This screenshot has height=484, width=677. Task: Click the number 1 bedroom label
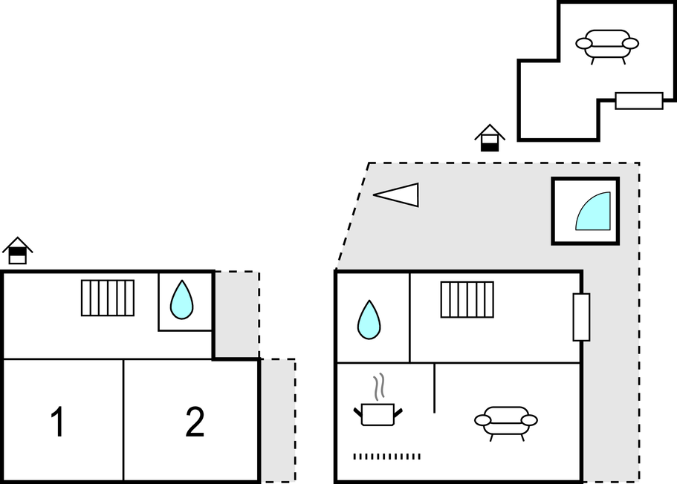pos(57,423)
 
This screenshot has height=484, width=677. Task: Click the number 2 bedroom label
pos(195,422)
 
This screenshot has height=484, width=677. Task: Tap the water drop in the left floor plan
pos(181,300)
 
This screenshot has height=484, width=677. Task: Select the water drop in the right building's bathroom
pos(369,319)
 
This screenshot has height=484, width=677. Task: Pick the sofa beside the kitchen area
pos(506,421)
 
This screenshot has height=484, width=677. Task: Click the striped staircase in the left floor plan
pos(108,298)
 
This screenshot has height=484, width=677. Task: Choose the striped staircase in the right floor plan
pos(467,299)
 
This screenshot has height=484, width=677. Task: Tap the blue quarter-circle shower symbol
pos(595,213)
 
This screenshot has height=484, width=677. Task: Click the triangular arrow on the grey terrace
pos(397,194)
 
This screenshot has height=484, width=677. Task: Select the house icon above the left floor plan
pos(17,251)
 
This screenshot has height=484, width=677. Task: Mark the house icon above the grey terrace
pos(490,137)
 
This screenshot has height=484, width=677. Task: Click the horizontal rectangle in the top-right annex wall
pos(639,100)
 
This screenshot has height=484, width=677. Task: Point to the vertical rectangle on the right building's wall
pos(581,317)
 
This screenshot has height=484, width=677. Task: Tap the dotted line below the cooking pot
pos(386,457)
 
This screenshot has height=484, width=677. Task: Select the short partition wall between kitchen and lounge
pos(434,387)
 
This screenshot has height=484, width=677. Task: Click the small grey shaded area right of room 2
pos(278,419)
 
